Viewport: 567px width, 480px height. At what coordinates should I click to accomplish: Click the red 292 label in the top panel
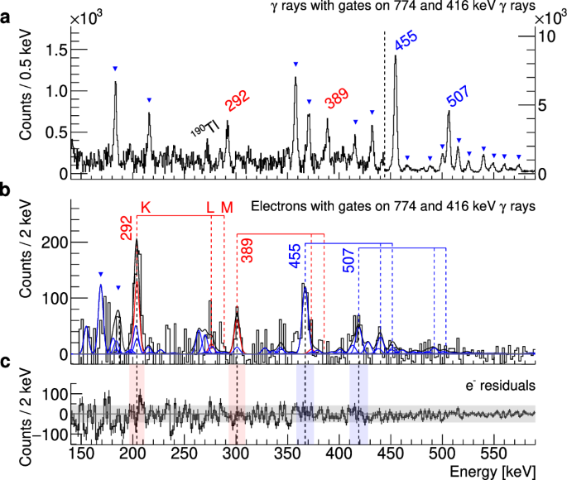[x=238, y=102]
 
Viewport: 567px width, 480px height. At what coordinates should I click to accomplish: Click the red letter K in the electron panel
[x=146, y=206]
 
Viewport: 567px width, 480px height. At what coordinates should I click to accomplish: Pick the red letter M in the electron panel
[x=227, y=206]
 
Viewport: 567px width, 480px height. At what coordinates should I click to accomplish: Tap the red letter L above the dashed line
[x=210, y=206]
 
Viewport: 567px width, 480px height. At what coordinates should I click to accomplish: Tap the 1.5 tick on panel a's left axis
[x=55, y=49]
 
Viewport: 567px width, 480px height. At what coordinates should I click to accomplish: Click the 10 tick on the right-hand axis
[x=547, y=37]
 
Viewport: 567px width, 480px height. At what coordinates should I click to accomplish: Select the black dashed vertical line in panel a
[x=385, y=99]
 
